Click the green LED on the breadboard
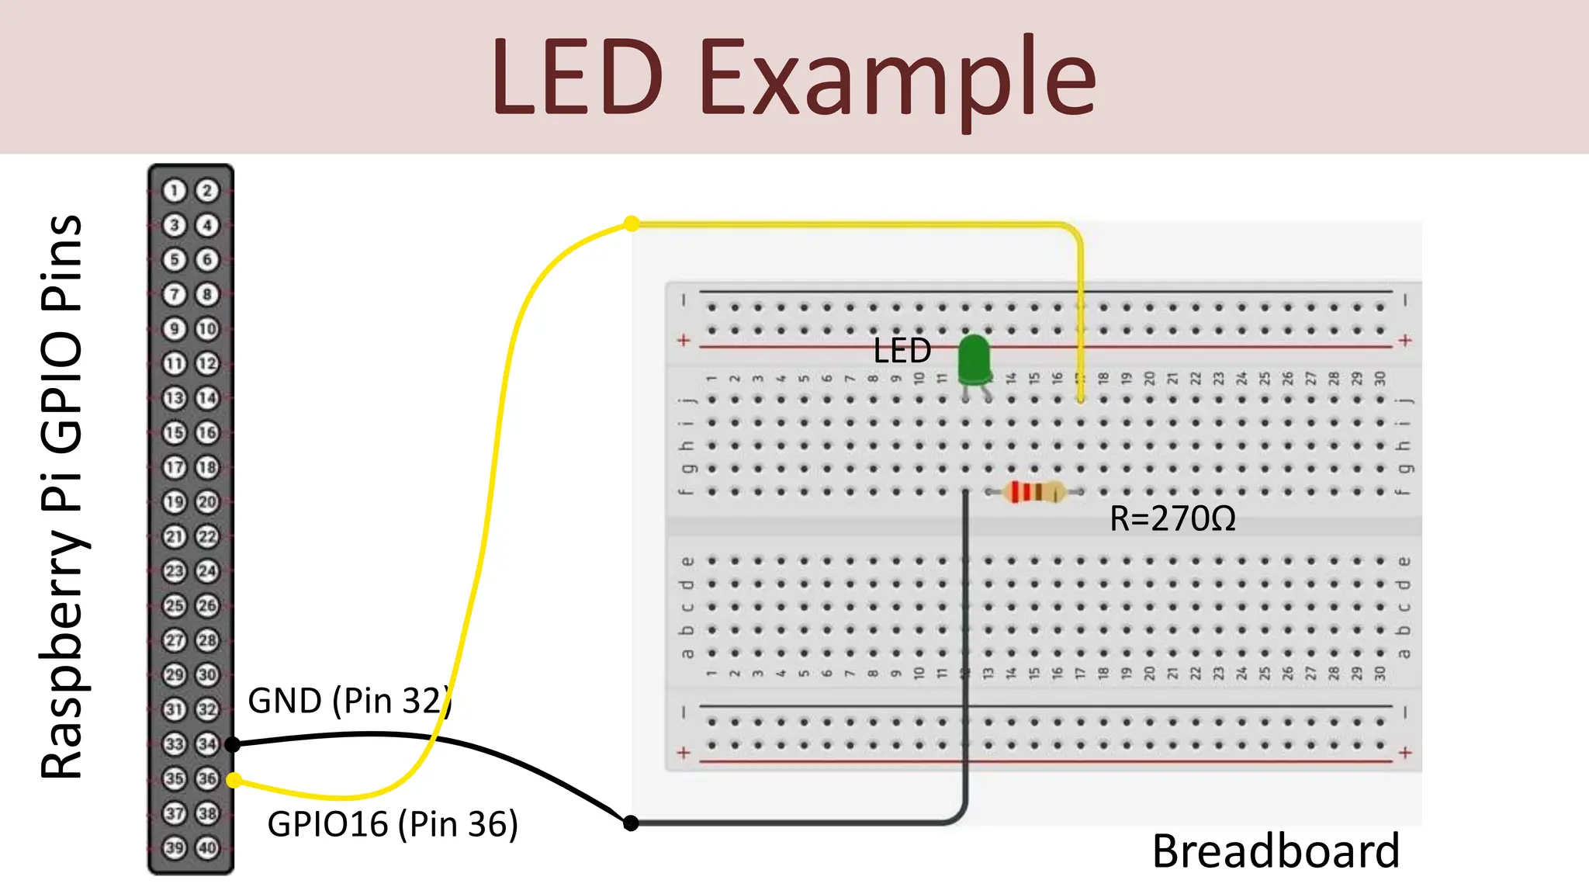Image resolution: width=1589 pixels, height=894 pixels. pos(975,361)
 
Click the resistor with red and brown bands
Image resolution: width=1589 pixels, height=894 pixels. pos(1033,492)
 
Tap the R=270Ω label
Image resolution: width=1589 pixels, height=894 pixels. pos(1172,518)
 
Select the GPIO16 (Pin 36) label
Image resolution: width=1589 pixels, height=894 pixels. pos(392,824)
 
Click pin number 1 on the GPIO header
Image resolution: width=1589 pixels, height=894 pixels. pos(175,190)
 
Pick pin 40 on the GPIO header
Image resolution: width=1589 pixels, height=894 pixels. pos(207,847)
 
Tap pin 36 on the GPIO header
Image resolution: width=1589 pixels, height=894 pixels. pos(207,778)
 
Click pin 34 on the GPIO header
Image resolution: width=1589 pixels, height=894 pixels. pos(207,743)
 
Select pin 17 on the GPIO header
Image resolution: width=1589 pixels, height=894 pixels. pos(175,467)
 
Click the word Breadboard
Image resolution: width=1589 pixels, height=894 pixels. pos(1276,851)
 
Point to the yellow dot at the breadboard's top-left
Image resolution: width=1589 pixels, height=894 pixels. pos(632,223)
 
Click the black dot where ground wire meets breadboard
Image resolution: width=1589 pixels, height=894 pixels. pos(631,823)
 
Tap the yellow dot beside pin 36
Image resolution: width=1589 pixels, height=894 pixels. pos(234,780)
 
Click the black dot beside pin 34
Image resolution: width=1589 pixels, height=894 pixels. pos(232,744)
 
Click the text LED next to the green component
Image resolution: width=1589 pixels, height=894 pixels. pos(902,351)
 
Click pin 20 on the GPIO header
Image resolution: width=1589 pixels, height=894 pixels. pos(207,502)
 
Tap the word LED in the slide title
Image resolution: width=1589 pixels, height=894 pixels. pos(577,78)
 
